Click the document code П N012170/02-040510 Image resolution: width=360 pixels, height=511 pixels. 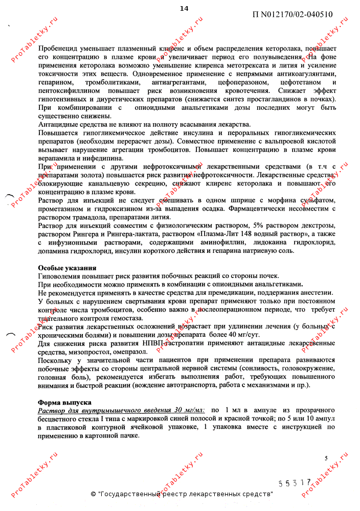coord(292,14)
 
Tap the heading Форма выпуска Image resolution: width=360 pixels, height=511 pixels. coord(64,402)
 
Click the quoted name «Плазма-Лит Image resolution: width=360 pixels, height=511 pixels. coord(230,234)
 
